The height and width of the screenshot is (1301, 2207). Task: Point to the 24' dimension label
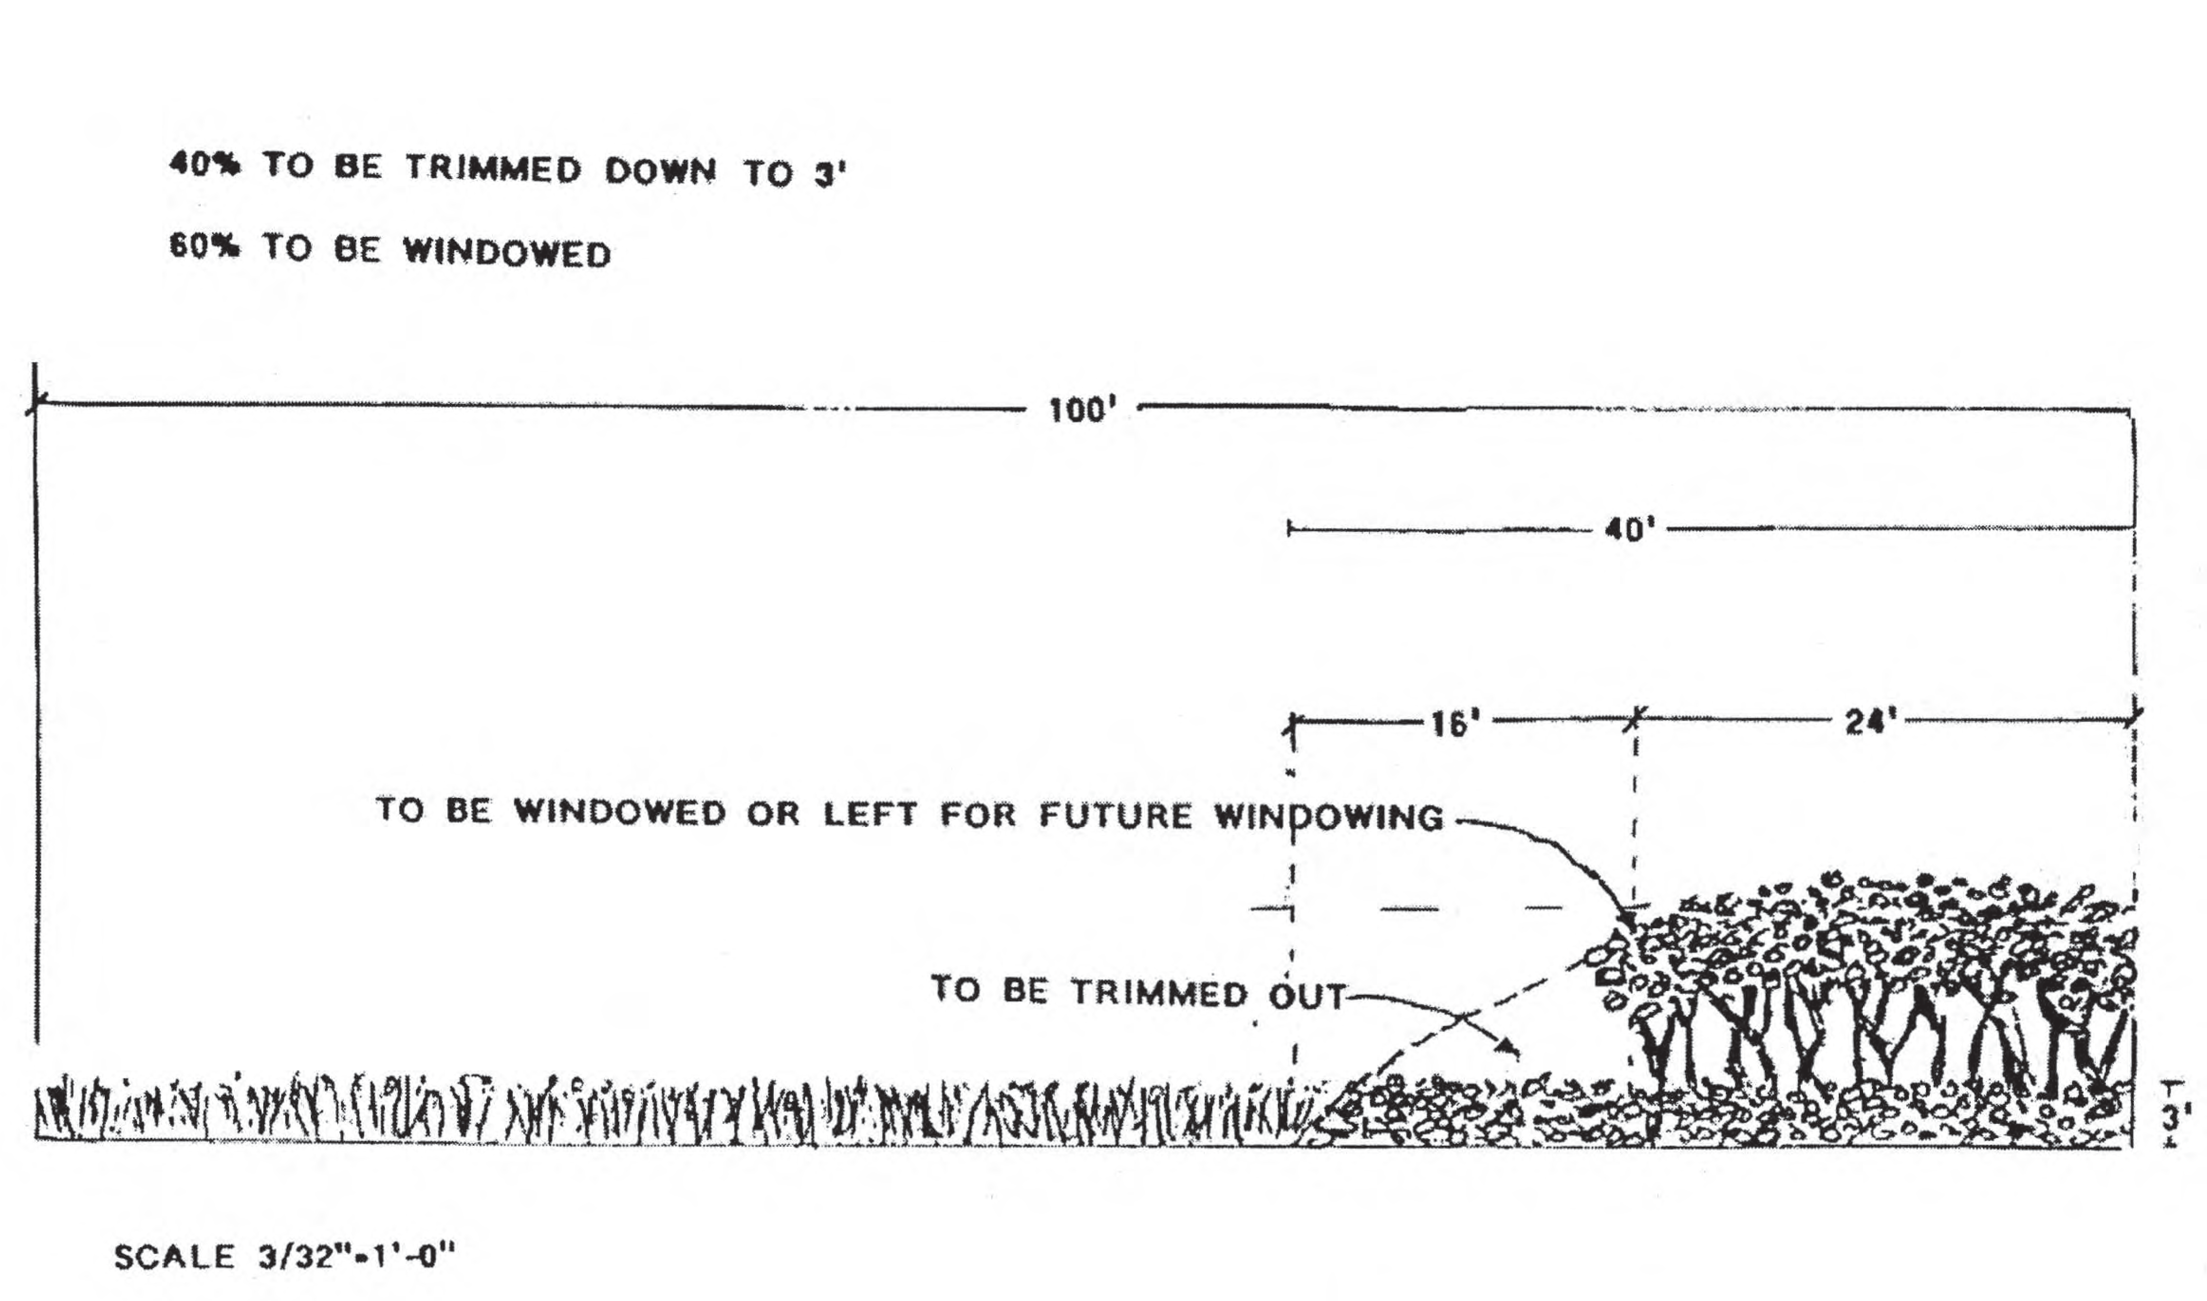[x=1870, y=723]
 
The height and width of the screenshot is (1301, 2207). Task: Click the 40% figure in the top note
[x=204, y=166]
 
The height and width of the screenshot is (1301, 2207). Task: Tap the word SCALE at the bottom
[x=175, y=1257]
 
